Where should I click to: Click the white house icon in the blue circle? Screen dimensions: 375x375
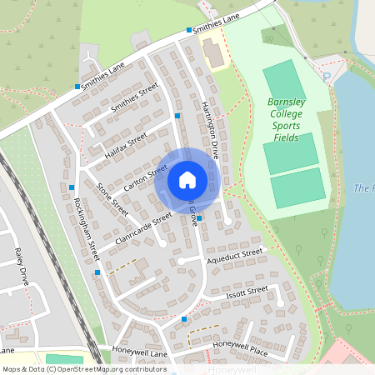[187, 180]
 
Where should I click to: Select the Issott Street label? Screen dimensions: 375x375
[246, 292]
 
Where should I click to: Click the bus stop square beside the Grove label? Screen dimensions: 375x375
[199, 218]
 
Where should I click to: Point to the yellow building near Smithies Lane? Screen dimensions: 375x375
[213, 55]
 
